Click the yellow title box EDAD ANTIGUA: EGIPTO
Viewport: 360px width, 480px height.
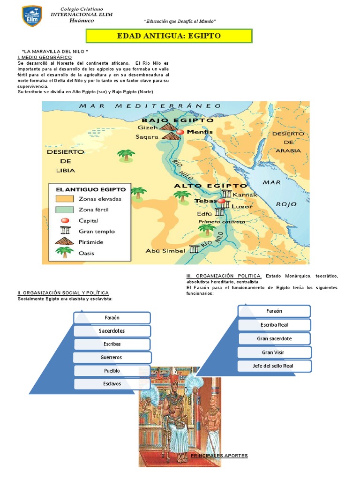pyautogui.click(x=168, y=36)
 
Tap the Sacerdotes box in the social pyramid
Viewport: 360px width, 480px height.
pyautogui.click(x=112, y=331)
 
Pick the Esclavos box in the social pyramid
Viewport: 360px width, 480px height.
pyautogui.click(x=112, y=383)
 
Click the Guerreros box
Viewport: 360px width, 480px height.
pyautogui.click(x=112, y=357)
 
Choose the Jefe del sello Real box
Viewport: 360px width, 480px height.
pyautogui.click(x=274, y=365)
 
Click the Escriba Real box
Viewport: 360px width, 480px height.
pyautogui.click(x=274, y=324)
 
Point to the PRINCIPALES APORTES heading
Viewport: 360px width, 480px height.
pyautogui.click(x=219, y=456)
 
